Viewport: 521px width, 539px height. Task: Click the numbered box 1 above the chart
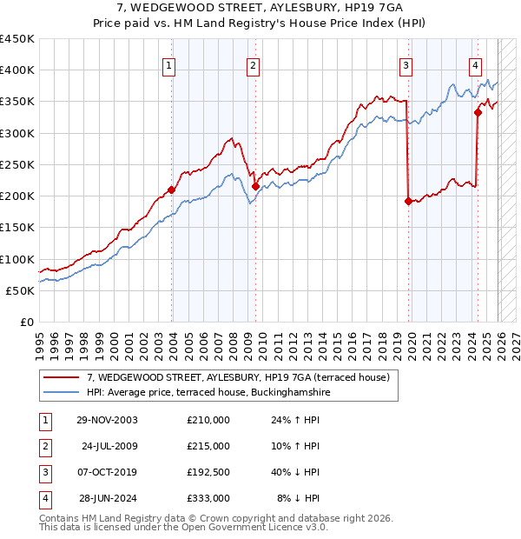point(168,63)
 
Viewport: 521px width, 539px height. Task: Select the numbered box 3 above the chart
point(406,63)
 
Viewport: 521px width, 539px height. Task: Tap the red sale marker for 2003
point(172,190)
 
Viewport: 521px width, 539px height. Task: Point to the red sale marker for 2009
point(255,186)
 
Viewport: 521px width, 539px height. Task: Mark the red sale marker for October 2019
point(408,201)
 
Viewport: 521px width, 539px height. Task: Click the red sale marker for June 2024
point(478,111)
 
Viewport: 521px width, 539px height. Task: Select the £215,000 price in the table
point(208,446)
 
